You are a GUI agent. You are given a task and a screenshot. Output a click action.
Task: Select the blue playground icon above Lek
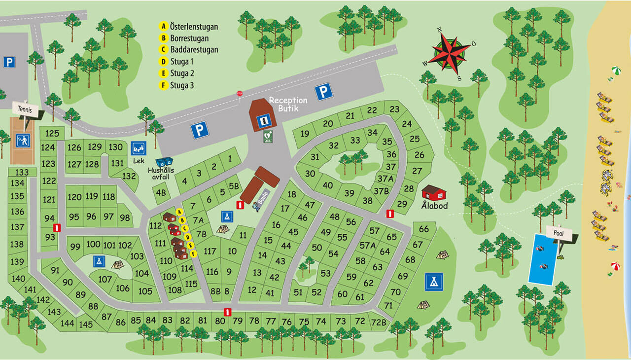[139, 148]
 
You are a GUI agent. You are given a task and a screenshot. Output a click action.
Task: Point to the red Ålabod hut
[434, 192]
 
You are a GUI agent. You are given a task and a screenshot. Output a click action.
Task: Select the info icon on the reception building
[265, 120]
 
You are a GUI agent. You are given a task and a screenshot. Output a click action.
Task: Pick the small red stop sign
[240, 93]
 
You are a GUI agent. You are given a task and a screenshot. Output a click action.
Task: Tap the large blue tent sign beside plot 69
[434, 282]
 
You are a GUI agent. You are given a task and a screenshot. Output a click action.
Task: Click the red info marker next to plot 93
[57, 228]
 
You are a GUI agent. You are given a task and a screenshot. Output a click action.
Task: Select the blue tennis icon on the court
[22, 140]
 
